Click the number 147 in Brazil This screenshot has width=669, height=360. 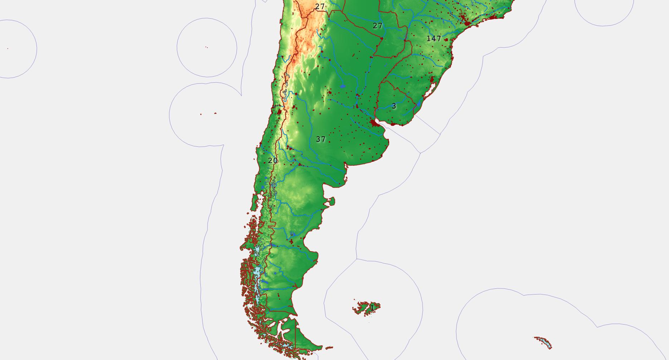[434, 39]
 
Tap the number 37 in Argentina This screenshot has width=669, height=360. [321, 139]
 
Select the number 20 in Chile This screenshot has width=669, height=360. [273, 161]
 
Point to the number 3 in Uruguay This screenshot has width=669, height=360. [394, 106]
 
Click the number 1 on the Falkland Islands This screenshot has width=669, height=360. [372, 307]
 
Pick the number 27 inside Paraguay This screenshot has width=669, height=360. [377, 26]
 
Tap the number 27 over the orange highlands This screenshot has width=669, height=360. [320, 6]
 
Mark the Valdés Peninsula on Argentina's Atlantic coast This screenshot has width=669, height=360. [331, 201]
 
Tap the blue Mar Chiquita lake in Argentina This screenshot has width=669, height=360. [343, 86]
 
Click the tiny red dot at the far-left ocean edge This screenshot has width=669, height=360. [8, 48]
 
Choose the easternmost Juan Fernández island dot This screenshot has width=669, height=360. [215, 113]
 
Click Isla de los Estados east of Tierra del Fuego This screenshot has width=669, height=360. [329, 347]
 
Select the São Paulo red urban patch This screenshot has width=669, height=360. [467, 23]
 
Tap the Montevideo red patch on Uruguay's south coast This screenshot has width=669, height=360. [393, 124]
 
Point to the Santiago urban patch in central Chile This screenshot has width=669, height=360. [279, 112]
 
